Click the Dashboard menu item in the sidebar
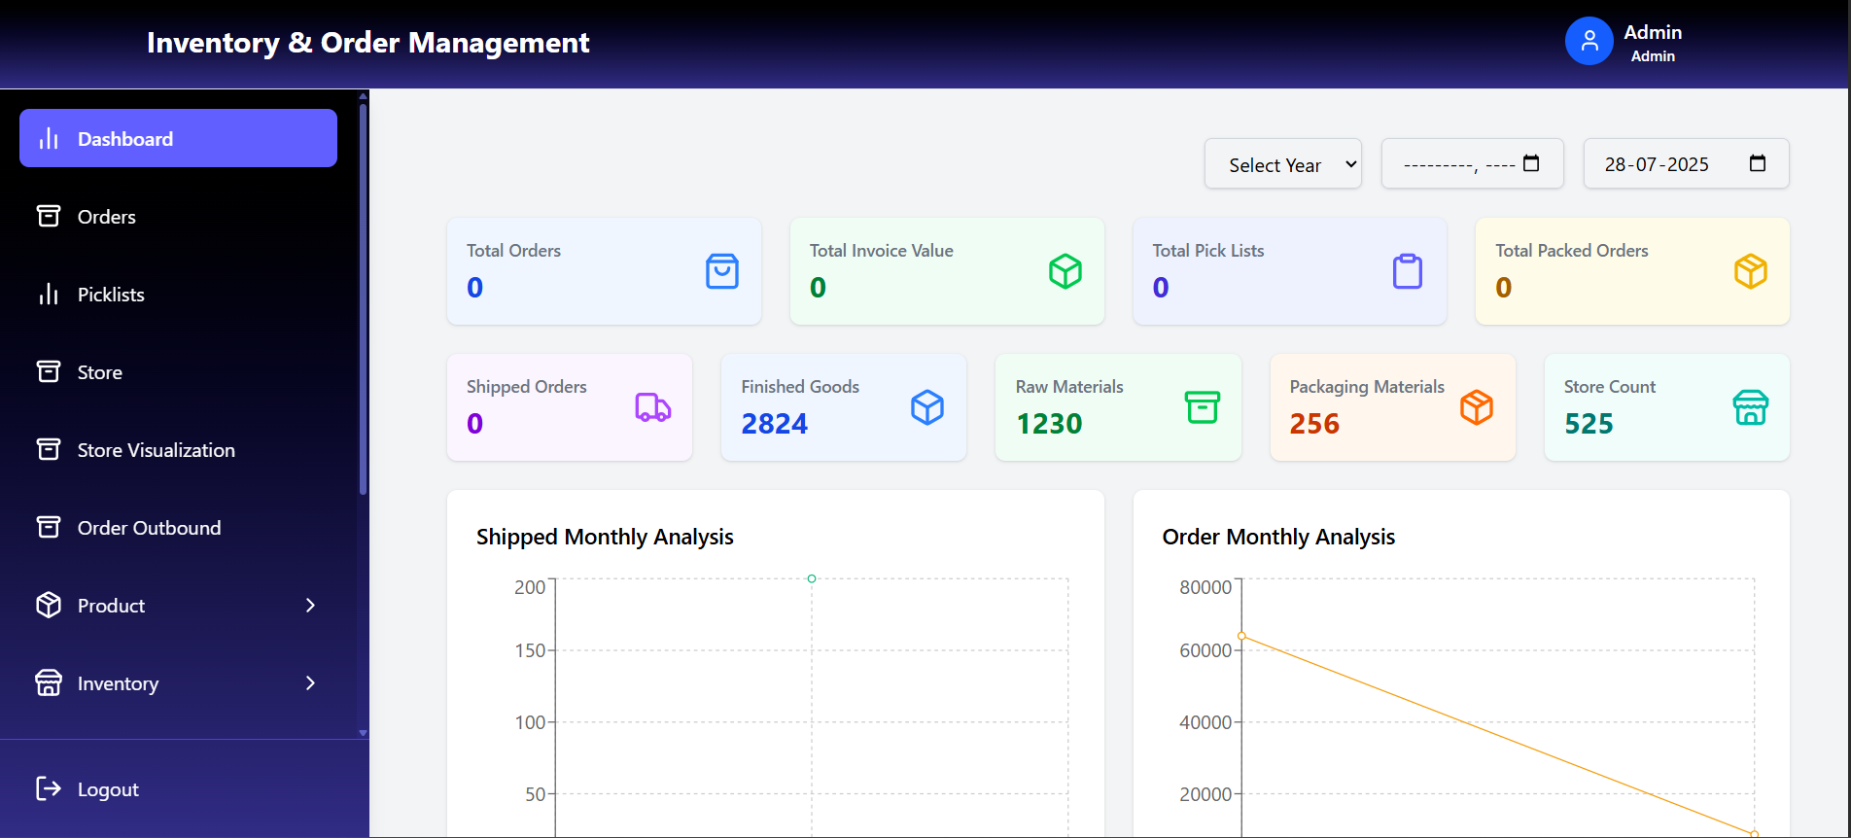tap(178, 139)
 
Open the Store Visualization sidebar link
tap(156, 450)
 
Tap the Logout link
tap(107, 789)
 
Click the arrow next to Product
tap(310, 606)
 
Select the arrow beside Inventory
tap(310, 683)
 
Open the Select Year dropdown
tap(1282, 164)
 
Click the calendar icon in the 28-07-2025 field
tap(1757, 163)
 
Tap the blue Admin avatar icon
tap(1589, 42)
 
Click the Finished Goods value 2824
tap(774, 424)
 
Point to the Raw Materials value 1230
tap(1048, 424)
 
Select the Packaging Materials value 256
tap(1314, 424)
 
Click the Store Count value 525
tap(1589, 424)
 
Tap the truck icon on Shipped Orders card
tap(652, 407)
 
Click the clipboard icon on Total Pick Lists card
tap(1407, 271)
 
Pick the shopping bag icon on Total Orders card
tap(721, 271)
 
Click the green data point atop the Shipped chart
tap(812, 578)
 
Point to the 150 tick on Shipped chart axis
tap(530, 650)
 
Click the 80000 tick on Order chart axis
tap(1205, 587)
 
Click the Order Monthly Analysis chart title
tap(1277, 537)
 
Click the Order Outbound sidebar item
tap(149, 528)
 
